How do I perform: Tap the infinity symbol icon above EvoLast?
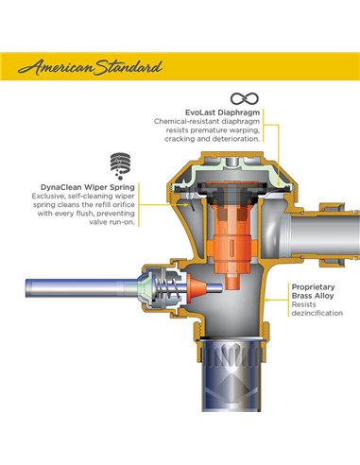tap(244, 98)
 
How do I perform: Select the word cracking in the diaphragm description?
tap(172, 139)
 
